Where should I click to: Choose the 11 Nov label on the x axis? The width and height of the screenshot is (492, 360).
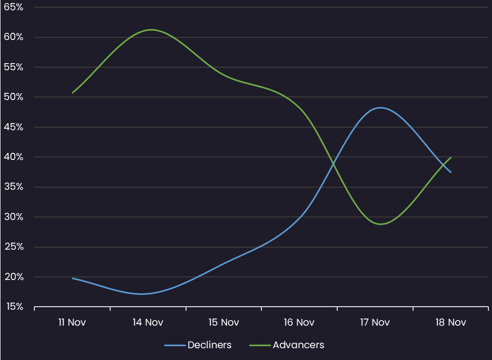pos(72,323)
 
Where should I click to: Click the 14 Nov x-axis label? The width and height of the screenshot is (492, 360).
pos(148,323)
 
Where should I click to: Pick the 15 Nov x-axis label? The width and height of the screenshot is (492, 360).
pos(223,323)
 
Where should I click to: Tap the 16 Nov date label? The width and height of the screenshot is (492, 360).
pos(299,323)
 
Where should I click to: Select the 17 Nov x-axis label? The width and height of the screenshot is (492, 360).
pos(375,323)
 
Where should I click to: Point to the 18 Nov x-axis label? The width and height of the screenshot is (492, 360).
pos(450,323)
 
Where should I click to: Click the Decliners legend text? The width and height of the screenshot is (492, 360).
pos(209,345)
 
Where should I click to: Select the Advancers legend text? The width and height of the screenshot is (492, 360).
pos(298,345)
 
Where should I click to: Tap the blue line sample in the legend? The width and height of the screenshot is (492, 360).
pos(174,345)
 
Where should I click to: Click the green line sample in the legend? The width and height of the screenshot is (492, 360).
pos(259,345)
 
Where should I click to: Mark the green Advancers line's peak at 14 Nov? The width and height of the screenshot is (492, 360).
pos(151,30)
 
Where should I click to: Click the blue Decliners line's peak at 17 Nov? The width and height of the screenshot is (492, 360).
pos(380,108)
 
